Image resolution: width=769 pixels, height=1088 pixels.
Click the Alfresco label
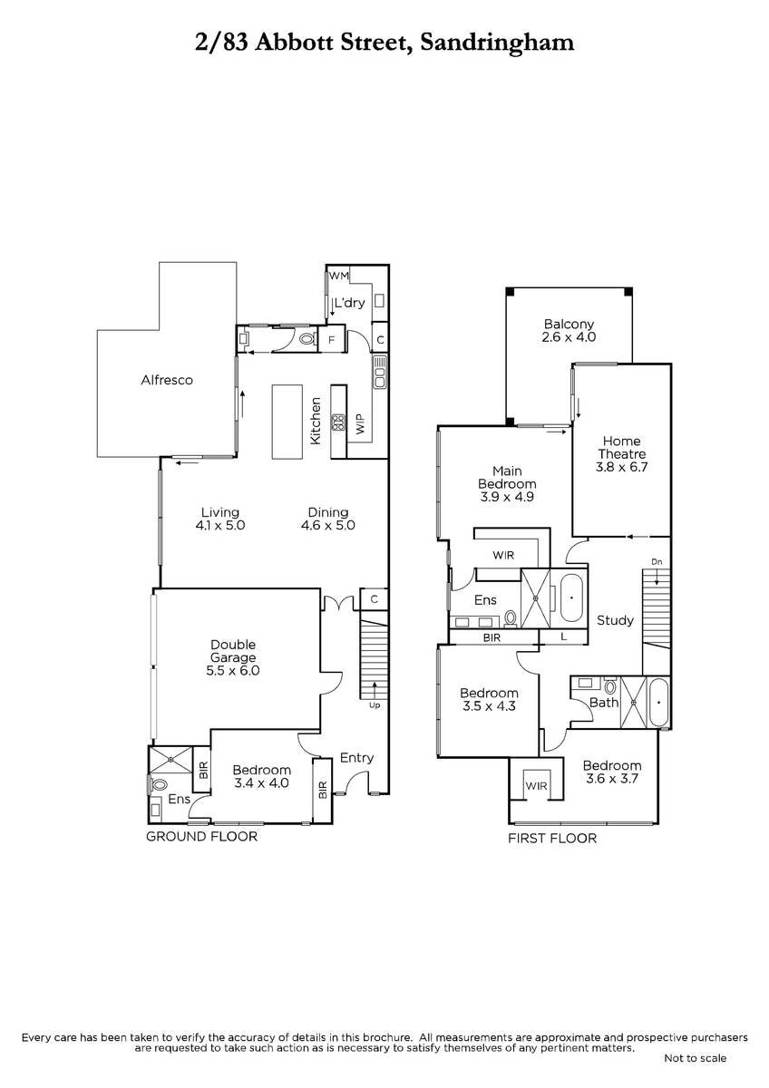(x=167, y=380)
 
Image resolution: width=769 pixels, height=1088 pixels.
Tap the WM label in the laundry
(x=339, y=276)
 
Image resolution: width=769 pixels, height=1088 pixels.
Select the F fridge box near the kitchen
(x=332, y=340)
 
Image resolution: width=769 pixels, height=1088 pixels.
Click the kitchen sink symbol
(x=380, y=372)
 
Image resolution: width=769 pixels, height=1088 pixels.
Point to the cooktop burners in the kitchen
(x=338, y=423)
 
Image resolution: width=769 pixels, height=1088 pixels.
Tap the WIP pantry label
(x=360, y=424)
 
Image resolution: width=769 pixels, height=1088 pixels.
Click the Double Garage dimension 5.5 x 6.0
(x=233, y=671)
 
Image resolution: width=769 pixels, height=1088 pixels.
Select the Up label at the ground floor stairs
(x=375, y=705)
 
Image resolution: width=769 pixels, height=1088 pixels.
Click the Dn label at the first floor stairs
(x=657, y=562)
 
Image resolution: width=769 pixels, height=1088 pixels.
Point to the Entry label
(x=356, y=758)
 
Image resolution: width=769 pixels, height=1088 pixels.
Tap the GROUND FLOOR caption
(x=201, y=836)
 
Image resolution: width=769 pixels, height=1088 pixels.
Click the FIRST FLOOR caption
(x=552, y=839)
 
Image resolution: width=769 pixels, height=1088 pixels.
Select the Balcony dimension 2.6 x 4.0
(x=569, y=337)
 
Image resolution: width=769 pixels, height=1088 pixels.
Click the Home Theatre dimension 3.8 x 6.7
(x=622, y=467)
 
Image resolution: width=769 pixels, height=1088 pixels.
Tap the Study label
(x=615, y=620)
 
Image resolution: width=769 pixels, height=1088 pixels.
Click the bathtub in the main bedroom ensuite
(x=572, y=597)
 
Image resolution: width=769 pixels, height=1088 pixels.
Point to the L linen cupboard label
(x=563, y=636)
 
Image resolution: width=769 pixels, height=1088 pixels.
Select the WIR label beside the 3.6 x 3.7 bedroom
(x=536, y=786)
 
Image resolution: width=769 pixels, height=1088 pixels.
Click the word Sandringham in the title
(x=497, y=44)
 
